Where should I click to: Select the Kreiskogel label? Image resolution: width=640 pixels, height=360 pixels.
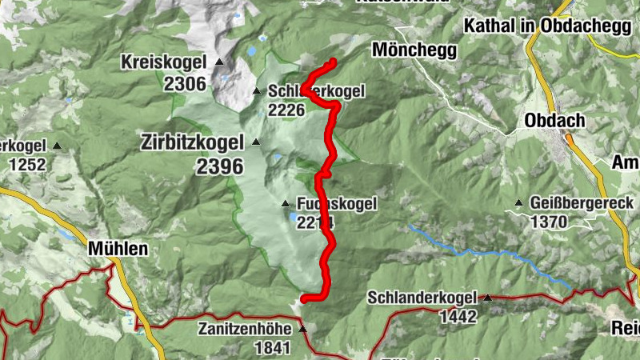click(x=163, y=62)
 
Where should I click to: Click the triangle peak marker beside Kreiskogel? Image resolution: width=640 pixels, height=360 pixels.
click(x=219, y=62)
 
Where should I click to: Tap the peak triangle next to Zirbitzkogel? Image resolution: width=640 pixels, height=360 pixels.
click(x=256, y=142)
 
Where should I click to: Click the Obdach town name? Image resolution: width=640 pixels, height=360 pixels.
click(x=555, y=121)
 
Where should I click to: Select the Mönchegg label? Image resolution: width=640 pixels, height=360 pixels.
click(x=414, y=50)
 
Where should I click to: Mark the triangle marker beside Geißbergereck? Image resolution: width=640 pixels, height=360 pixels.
click(x=519, y=203)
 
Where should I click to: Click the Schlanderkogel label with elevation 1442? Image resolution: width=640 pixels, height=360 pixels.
click(x=423, y=298)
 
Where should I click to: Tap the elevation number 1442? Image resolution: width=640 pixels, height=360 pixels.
click(x=458, y=317)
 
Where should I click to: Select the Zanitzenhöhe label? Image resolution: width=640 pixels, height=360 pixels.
click(x=246, y=329)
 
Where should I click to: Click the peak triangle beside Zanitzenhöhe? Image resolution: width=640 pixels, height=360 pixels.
click(x=302, y=329)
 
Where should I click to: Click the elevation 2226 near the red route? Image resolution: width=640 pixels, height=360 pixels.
click(x=286, y=110)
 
